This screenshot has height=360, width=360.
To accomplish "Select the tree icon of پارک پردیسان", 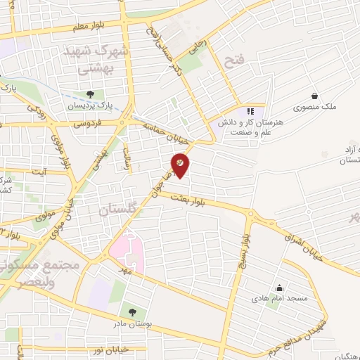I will [89, 94].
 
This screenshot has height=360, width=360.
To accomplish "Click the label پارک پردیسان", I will [89, 105].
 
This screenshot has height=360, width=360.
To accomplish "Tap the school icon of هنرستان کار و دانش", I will [250, 111].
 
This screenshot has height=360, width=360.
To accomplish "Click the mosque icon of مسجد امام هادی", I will [280, 288].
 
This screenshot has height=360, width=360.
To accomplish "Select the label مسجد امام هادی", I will [280, 299].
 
